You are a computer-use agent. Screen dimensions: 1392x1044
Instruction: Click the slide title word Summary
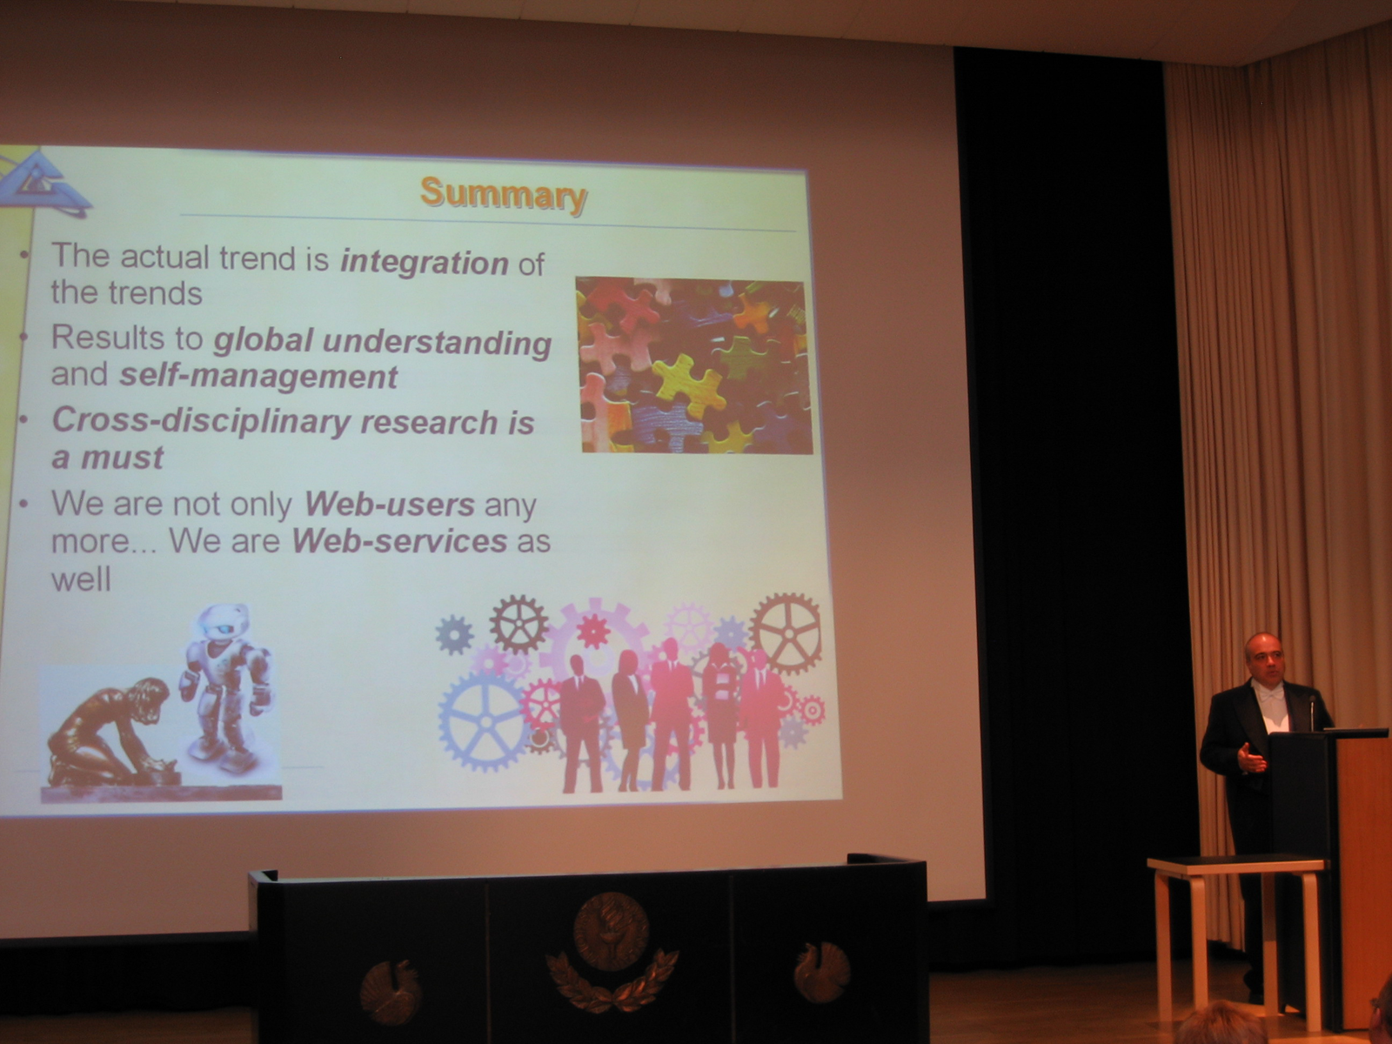coord(504,195)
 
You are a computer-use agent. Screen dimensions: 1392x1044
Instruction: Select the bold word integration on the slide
coord(425,263)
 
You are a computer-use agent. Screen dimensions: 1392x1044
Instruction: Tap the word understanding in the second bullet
coord(437,344)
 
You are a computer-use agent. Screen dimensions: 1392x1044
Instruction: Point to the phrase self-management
coord(258,377)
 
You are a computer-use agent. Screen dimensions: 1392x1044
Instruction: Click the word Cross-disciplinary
coord(202,422)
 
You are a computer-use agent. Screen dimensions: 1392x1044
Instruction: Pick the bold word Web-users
coord(390,505)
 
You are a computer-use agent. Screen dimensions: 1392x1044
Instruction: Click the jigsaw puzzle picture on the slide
coord(693,365)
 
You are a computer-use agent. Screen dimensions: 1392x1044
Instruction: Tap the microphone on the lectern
coord(1313,710)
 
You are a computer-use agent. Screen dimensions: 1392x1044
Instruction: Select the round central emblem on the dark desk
coord(611,931)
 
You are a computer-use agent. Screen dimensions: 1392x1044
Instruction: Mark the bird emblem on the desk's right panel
coord(822,971)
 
